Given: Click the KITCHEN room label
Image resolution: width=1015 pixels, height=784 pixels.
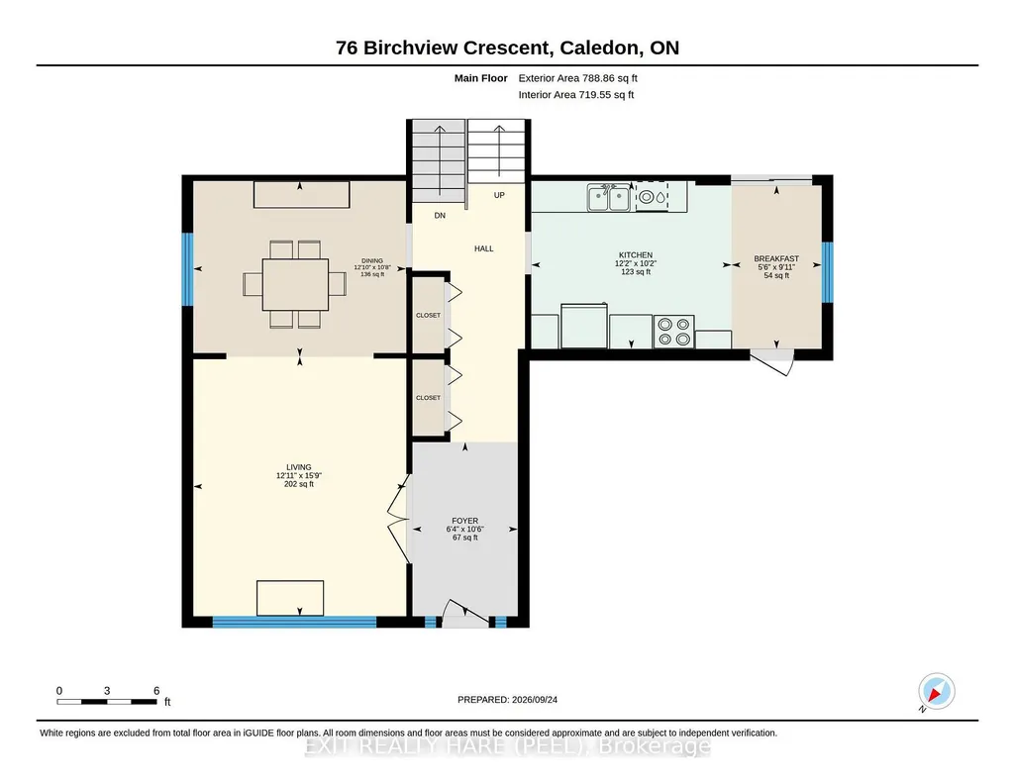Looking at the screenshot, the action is click(x=636, y=254).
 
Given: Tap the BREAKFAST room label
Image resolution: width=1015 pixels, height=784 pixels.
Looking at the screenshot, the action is click(x=776, y=258).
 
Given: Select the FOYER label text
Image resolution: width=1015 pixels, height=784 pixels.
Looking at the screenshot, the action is click(x=464, y=521).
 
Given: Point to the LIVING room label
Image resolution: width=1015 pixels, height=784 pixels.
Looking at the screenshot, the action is click(x=298, y=467).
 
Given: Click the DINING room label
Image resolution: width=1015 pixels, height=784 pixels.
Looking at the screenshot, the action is click(x=372, y=260).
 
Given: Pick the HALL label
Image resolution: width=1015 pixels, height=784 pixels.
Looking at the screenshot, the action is click(x=483, y=248).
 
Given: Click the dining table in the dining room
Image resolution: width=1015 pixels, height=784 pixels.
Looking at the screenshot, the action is click(x=295, y=285).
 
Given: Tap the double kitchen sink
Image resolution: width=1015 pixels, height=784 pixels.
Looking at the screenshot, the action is click(x=608, y=197).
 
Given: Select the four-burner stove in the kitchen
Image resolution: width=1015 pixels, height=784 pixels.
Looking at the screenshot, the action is click(x=674, y=332).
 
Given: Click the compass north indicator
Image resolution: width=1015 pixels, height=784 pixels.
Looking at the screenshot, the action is click(x=936, y=692).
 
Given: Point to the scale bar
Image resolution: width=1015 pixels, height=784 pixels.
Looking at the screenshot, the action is click(x=107, y=701).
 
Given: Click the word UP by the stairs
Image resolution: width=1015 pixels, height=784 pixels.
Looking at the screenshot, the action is click(x=499, y=195).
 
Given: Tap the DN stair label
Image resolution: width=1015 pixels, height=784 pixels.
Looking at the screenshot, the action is click(x=440, y=216).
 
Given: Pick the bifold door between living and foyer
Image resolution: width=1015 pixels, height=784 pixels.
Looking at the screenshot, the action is click(x=398, y=519).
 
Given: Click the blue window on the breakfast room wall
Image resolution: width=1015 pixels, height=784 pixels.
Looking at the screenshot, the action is click(x=827, y=272).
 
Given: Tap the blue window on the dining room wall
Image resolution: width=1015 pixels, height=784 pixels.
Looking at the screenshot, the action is click(x=187, y=269).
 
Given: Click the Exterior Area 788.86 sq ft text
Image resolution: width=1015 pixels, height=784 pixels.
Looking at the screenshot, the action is click(x=577, y=78).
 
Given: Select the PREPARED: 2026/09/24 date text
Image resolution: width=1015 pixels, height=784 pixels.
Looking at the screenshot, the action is click(x=507, y=699).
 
